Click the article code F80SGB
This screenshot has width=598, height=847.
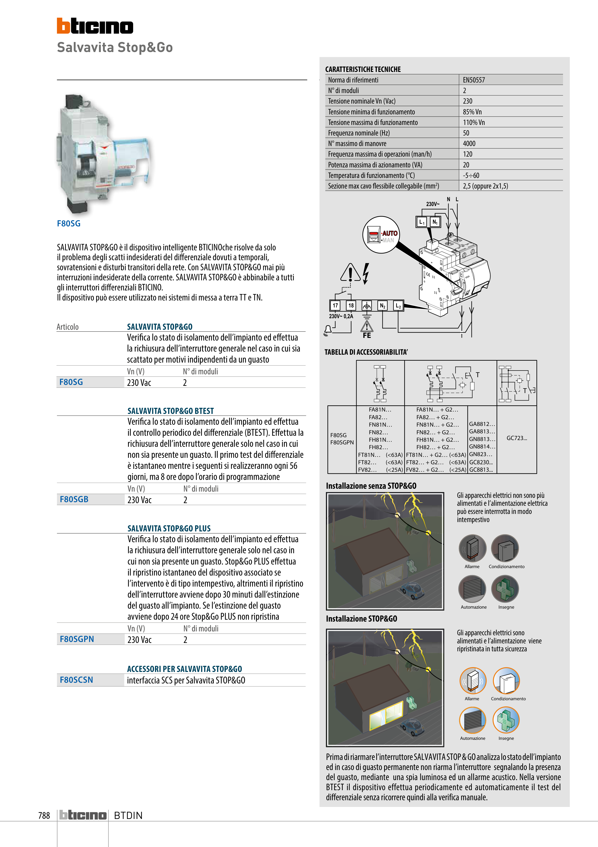pyautogui.click(x=74, y=499)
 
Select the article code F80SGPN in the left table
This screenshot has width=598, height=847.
pyautogui.click(x=77, y=639)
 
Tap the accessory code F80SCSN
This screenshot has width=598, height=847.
pyautogui.click(x=76, y=680)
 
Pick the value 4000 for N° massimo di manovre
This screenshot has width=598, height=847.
pyautogui.click(x=469, y=143)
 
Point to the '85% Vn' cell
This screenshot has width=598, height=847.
pyautogui.click(x=472, y=112)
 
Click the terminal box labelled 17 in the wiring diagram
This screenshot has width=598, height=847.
pyautogui.click(x=335, y=306)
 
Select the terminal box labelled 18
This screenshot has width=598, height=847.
pyautogui.click(x=351, y=306)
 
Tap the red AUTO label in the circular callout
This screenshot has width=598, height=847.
pyautogui.click(x=389, y=233)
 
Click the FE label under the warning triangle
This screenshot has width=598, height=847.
pyautogui.click(x=367, y=335)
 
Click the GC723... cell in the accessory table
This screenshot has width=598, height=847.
pyautogui.click(x=517, y=438)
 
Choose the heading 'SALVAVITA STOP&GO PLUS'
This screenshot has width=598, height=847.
pyautogui.click(x=169, y=528)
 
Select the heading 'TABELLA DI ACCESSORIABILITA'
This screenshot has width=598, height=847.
pyautogui.click(x=366, y=352)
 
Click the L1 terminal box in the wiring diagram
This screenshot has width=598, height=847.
pyautogui.click(x=421, y=222)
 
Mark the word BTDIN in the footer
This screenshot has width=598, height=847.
pyautogui.click(x=128, y=815)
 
